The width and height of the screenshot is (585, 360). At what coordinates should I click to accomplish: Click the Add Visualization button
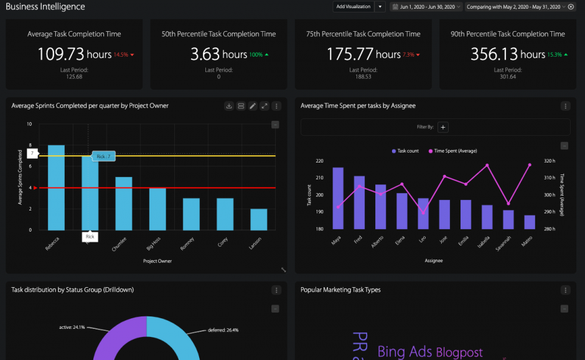pos(353,7)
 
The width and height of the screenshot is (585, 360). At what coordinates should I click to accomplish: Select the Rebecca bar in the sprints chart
pos(56,187)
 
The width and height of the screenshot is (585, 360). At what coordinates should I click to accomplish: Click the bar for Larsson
pos(258,219)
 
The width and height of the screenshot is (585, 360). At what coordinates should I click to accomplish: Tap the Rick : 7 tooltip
pos(103,156)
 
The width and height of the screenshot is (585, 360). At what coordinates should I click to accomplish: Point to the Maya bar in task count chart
pos(338,198)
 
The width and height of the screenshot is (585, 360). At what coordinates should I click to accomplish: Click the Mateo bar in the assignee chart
pos(530,222)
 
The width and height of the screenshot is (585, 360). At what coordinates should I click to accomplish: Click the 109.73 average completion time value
pos(60,54)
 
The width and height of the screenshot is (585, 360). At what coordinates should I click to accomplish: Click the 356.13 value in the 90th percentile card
pos(494,54)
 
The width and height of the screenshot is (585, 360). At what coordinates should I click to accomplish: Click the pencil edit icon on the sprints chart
pos(253,106)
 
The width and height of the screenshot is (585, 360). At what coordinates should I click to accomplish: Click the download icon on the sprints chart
pos(229,106)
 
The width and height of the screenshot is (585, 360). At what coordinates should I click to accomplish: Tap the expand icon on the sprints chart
pos(264,106)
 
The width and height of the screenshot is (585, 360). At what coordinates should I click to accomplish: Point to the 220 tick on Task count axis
pos(319,161)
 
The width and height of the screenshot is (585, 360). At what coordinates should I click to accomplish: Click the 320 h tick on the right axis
pos(549,161)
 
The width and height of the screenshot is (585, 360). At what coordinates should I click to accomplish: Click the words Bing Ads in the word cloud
pos(405,352)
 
